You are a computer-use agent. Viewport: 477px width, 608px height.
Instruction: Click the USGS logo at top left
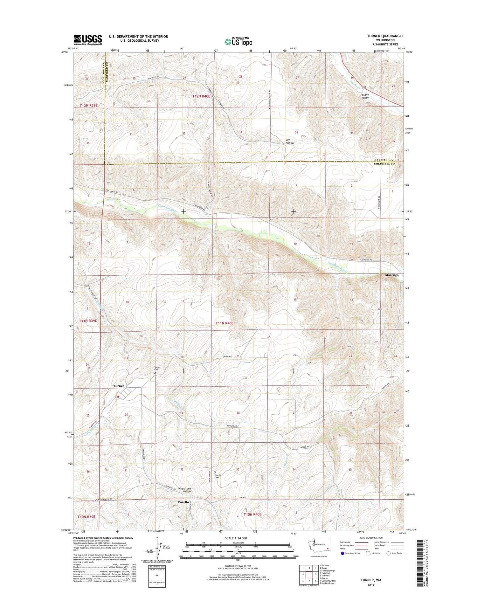tap(88, 40)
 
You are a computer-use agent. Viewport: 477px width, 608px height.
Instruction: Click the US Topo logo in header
tap(238, 41)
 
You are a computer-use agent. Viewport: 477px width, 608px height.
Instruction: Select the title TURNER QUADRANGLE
tap(385, 36)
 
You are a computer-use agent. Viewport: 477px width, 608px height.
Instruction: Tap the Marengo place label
tap(391, 275)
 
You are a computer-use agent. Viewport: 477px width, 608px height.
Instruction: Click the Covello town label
tap(183, 502)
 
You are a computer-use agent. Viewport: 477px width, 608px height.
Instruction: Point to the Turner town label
tap(119, 386)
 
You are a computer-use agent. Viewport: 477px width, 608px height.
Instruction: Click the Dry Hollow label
tap(289, 142)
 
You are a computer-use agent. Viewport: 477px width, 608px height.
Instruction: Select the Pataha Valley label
tap(364, 96)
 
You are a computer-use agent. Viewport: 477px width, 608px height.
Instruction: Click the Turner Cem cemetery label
tap(157, 368)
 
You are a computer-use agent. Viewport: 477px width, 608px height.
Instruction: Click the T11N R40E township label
tap(224, 323)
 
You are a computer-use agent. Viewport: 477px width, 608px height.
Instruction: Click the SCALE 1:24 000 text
tap(235, 538)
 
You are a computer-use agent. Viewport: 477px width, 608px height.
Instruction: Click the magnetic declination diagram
tap(158, 549)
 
